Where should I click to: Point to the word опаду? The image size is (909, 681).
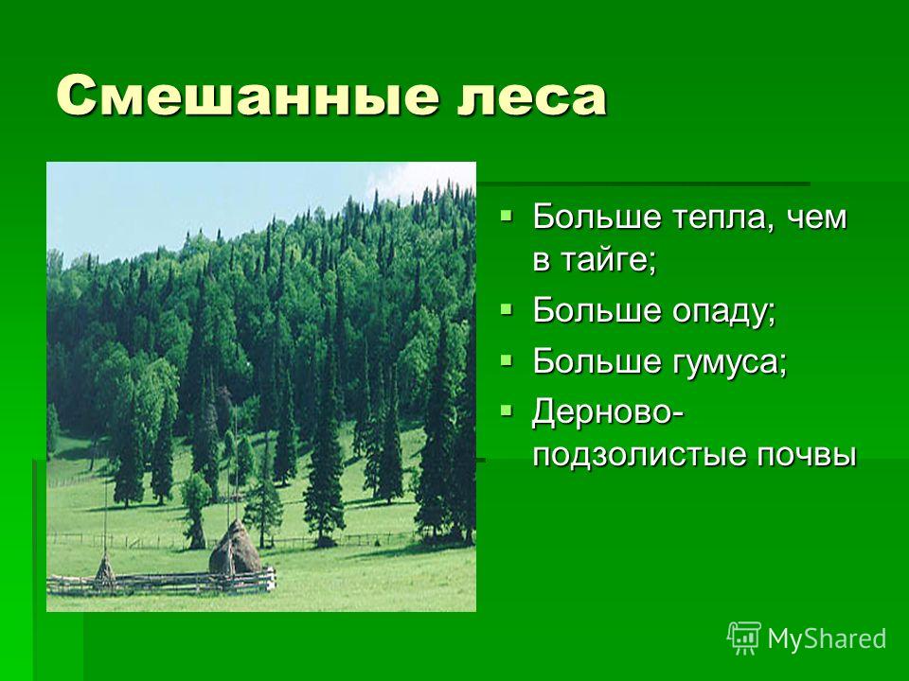coord(723,311)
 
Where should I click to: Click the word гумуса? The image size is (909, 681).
coord(729,361)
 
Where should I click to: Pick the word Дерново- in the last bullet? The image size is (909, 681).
coord(608,412)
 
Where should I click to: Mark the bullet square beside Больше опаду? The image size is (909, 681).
coord(506,309)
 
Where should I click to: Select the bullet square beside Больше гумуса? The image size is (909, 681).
coord(506,360)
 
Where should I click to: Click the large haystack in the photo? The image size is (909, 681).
coord(236,549)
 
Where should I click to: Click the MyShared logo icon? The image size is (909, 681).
coord(744,637)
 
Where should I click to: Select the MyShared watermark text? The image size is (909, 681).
coord(827,638)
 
